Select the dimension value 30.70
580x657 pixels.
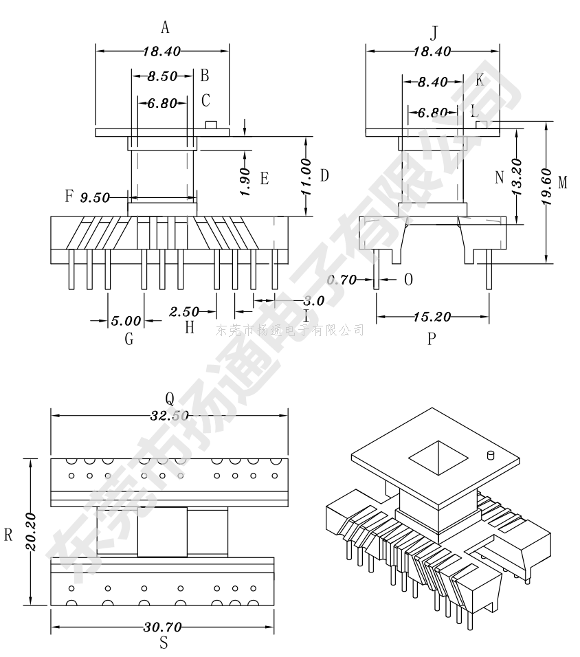click(164, 627)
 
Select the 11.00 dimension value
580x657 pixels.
click(306, 176)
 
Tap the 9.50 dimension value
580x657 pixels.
click(95, 198)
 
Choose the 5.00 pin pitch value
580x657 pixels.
click(126, 320)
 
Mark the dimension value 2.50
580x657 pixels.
click(184, 311)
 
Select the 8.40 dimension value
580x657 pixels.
click(433, 82)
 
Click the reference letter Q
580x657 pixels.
click(169, 399)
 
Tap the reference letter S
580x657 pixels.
click(164, 643)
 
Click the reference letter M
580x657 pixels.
click(562, 183)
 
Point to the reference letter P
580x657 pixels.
click(432, 339)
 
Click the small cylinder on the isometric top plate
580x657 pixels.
click(491, 455)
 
